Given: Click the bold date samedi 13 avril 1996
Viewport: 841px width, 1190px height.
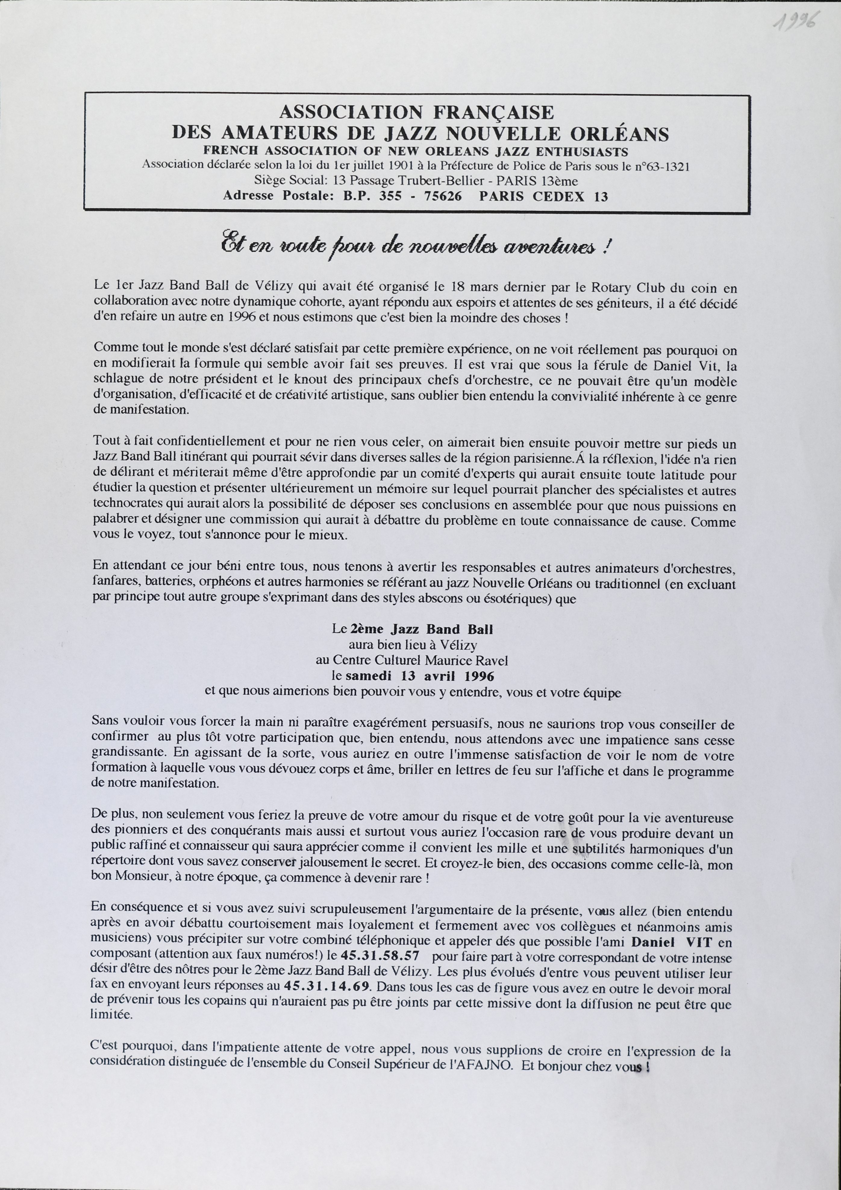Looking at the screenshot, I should click(420, 676).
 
